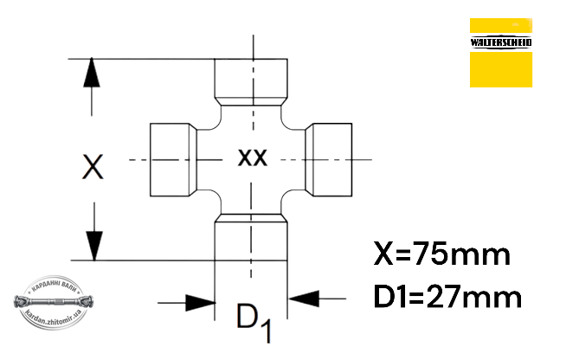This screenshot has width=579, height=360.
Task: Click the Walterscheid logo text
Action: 501,42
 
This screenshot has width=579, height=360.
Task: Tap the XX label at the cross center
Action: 252,157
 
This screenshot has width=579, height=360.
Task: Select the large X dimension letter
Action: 93,167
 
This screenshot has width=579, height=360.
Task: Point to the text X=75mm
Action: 442,254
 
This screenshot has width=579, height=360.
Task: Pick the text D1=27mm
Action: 447,297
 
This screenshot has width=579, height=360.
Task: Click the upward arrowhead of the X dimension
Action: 92,73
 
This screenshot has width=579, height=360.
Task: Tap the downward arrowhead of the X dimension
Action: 94,246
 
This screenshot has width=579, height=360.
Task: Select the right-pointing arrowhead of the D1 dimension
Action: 201,303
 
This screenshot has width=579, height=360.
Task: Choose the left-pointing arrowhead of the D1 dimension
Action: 303,299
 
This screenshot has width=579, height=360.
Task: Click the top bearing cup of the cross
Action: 251,82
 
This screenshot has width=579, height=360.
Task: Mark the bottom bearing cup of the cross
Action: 251,237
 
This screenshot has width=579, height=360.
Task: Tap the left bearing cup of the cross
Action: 174,160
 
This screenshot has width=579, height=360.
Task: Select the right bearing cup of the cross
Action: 328,160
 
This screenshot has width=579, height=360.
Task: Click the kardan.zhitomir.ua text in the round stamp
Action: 54,318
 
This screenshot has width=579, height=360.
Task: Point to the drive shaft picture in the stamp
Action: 54,301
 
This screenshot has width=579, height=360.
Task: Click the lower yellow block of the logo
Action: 501,69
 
